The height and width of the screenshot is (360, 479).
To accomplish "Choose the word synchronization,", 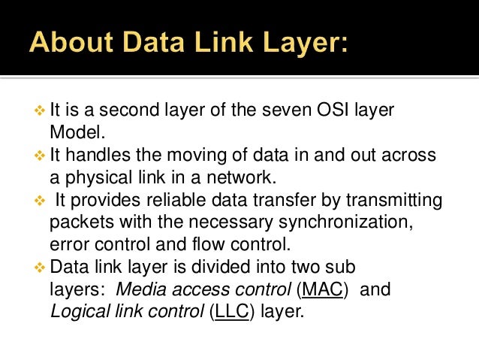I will (x=336, y=222).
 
